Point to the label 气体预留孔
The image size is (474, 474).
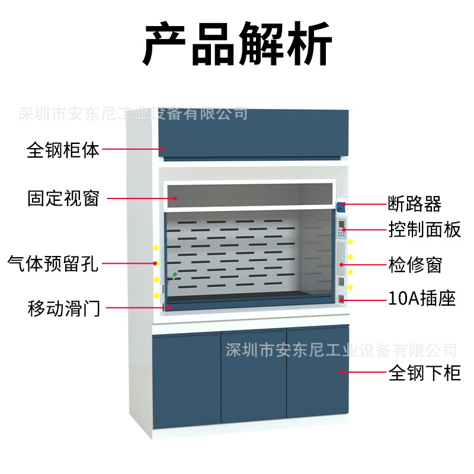point(53,262)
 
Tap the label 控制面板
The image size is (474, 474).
point(424,229)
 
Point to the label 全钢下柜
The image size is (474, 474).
point(424,373)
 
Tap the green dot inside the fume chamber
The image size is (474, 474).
point(175,274)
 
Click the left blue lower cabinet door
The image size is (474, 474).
point(186,379)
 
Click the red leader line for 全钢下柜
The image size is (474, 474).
point(362,372)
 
